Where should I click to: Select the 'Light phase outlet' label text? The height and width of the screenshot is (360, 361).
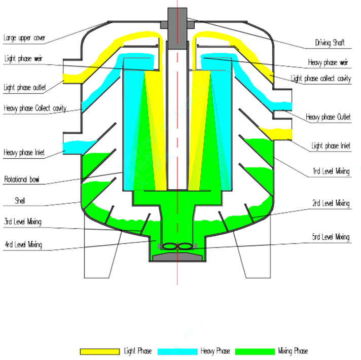click(24, 87)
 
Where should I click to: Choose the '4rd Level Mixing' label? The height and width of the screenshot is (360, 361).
click(23, 245)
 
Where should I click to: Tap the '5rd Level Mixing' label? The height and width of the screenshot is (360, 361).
click(330, 237)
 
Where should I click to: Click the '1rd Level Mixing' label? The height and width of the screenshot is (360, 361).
click(331, 171)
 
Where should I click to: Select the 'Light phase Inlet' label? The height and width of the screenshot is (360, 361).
click(331, 146)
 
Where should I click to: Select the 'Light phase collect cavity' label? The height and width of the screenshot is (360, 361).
click(320, 79)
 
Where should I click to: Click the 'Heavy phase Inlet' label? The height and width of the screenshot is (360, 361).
click(24, 152)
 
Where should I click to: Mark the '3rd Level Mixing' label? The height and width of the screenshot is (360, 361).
click(23, 222)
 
